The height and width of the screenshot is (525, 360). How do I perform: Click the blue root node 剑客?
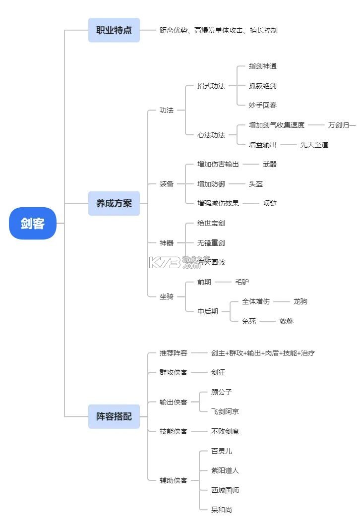point(33,223)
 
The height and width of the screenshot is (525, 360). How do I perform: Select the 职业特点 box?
point(114,30)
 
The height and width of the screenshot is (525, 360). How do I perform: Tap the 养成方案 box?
point(114,203)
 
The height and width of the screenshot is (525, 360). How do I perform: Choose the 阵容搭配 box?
point(114,416)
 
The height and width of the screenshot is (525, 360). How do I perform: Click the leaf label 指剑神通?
point(263,66)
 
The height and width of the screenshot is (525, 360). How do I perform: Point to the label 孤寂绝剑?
point(263,86)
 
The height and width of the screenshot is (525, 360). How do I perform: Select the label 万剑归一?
point(342,125)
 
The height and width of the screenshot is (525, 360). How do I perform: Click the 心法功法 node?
point(211,135)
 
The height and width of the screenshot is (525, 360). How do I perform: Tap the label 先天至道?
point(314,145)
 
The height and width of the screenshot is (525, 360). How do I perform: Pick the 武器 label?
point(270,164)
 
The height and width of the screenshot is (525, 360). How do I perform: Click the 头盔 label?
point(256,184)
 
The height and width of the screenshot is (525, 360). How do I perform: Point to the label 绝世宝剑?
point(211,224)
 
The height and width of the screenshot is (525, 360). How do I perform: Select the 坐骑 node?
point(167,296)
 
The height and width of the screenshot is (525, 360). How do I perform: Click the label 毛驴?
point(242,282)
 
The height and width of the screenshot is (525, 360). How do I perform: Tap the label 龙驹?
point(300,301)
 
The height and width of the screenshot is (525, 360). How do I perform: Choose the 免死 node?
point(249,321)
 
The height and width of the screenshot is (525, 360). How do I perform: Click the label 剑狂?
point(218,372)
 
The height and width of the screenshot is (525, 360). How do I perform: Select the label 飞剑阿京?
point(225,411)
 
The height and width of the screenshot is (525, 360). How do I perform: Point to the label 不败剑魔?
point(225,431)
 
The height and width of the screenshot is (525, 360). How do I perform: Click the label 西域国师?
point(225,490)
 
